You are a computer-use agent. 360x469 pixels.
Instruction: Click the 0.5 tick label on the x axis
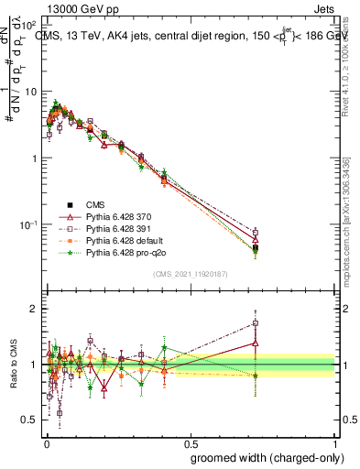[191, 442]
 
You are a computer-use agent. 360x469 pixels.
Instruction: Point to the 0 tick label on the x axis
[46, 442]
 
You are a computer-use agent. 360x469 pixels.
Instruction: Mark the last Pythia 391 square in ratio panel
[256, 323]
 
